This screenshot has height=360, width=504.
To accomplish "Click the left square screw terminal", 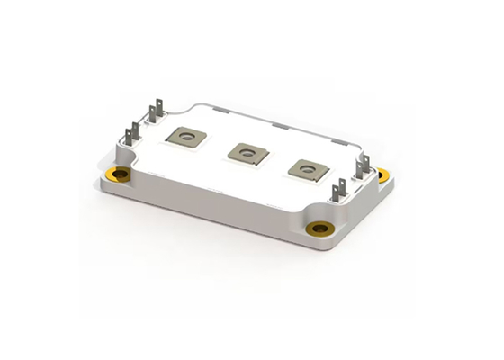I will [x=188, y=138].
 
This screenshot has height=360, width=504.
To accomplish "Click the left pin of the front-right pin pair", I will [x=337, y=194].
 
